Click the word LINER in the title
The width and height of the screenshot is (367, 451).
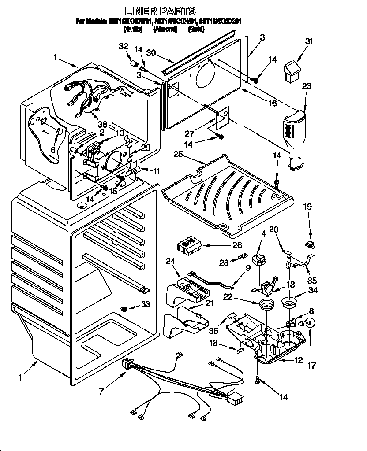141,11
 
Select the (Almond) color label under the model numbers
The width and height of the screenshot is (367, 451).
165,30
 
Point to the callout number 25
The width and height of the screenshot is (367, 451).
178,155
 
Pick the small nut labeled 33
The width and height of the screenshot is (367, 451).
125,307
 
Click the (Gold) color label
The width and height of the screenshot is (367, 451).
195,30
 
